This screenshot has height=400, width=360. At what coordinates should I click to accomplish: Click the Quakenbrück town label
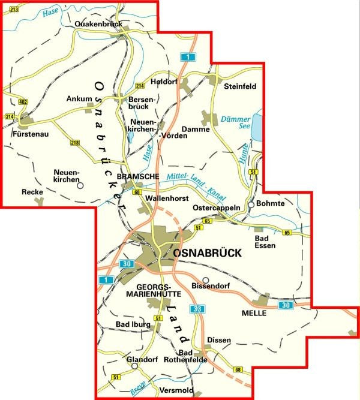click(99, 24)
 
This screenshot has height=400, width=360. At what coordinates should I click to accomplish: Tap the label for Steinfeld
click(239, 86)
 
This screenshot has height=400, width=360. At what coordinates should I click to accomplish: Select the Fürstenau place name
click(29, 134)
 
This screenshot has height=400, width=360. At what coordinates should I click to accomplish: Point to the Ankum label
click(79, 99)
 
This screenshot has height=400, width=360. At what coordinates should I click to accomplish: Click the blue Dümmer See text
click(235, 123)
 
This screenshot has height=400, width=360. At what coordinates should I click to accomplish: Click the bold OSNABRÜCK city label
click(207, 254)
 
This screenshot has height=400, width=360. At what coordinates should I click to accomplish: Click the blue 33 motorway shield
click(197, 309)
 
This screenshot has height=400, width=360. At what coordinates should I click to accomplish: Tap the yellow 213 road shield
click(13, 10)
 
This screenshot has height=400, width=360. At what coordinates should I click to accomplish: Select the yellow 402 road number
click(23, 103)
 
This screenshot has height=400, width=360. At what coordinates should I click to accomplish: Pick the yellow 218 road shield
click(74, 142)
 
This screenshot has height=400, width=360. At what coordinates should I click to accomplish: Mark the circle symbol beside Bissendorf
click(205, 280)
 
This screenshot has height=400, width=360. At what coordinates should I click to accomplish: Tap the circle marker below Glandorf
click(135, 366)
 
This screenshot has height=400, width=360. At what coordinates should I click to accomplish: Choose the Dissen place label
click(218, 340)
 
